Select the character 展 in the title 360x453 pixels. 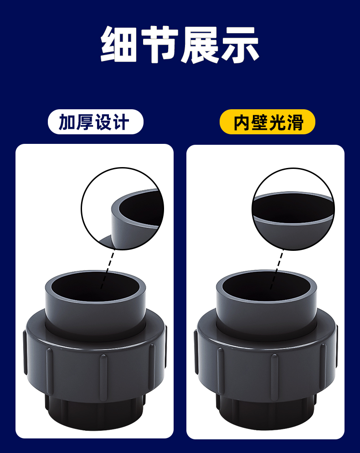200,44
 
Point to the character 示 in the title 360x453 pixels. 240,44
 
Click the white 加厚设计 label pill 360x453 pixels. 95,122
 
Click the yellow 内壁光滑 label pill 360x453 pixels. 267,122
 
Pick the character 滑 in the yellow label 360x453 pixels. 295,122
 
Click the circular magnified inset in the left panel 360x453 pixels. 123,209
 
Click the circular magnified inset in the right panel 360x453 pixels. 293,209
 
